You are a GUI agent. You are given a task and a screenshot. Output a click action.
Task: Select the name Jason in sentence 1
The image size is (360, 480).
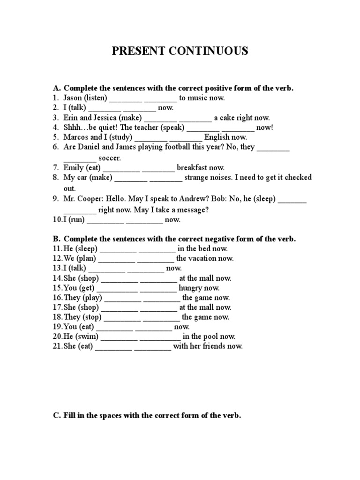click(x=73, y=98)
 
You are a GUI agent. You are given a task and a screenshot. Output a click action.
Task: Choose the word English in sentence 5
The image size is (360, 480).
click(x=220, y=137)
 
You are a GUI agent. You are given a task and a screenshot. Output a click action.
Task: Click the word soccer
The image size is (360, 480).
click(x=110, y=158)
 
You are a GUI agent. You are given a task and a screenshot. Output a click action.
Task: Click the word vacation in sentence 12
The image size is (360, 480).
click(x=205, y=258)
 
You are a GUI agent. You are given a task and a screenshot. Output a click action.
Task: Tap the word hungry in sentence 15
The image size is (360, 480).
click(x=192, y=288)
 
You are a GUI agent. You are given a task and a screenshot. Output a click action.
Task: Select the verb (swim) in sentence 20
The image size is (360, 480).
click(x=86, y=337)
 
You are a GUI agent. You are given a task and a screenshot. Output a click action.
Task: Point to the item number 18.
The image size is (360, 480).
click(x=57, y=317)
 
